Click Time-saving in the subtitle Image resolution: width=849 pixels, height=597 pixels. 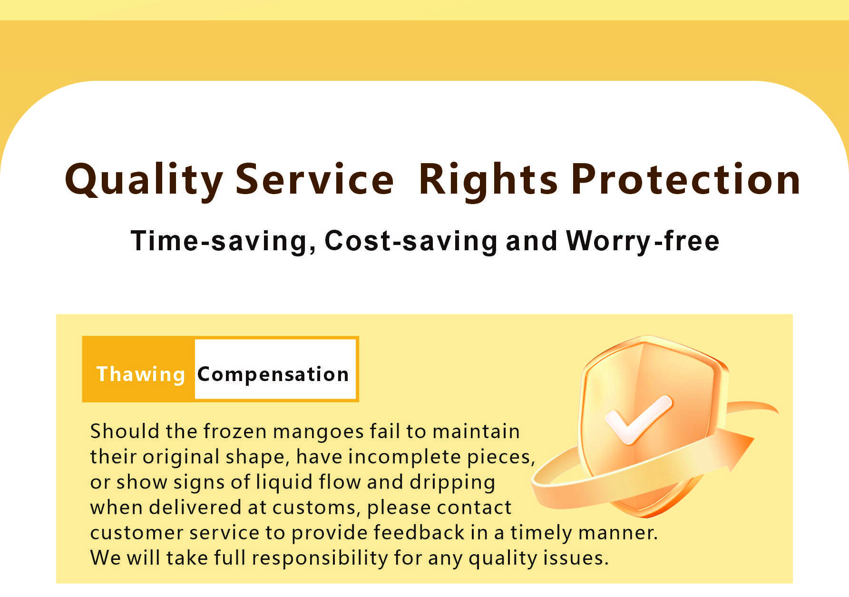pyautogui.click(x=224, y=241)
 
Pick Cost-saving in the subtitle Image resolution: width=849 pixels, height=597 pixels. pyautogui.click(x=411, y=241)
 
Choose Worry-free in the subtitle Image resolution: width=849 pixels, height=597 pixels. pyautogui.click(x=643, y=241)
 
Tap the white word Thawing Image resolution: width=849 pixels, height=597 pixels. pyautogui.click(x=141, y=375)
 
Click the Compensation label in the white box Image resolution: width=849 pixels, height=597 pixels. pyautogui.click(x=273, y=375)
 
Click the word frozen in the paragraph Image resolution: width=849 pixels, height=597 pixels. pyautogui.click(x=235, y=431)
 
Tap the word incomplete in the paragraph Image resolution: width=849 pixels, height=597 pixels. pyautogui.click(x=405, y=458)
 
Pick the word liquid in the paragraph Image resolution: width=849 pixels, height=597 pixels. pyautogui.click(x=285, y=483)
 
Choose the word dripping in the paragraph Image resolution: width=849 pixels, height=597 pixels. pyautogui.click(x=452, y=483)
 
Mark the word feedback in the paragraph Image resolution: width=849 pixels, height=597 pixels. pyautogui.click(x=419, y=533)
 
